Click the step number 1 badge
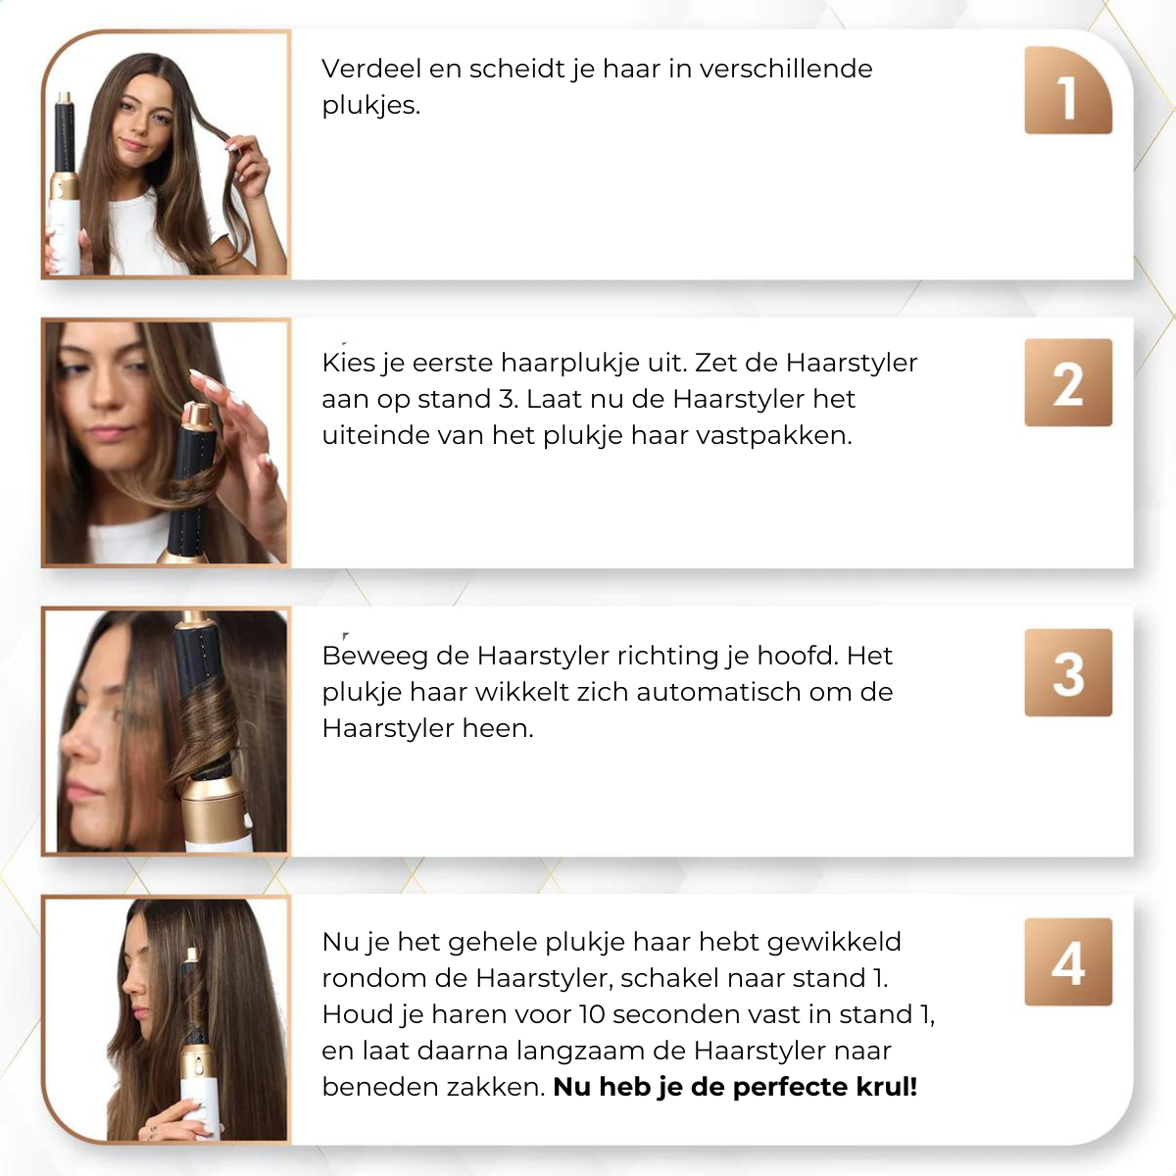pyautogui.click(x=1068, y=90)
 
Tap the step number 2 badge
pyautogui.click(x=1068, y=382)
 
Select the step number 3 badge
pyautogui.click(x=1068, y=672)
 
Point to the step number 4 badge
pyautogui.click(x=1068, y=961)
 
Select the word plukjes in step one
pyautogui.click(x=369, y=106)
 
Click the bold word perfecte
pyautogui.click(x=794, y=1087)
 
